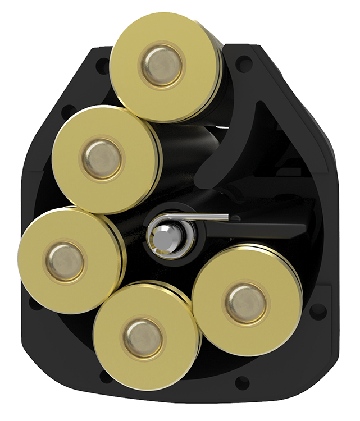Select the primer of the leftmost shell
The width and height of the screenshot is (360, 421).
tap(65, 262)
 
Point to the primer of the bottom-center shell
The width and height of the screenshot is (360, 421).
tap(143, 336)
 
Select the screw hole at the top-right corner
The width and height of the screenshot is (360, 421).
tap(243, 63)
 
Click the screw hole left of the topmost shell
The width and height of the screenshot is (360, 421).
tap(102, 66)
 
